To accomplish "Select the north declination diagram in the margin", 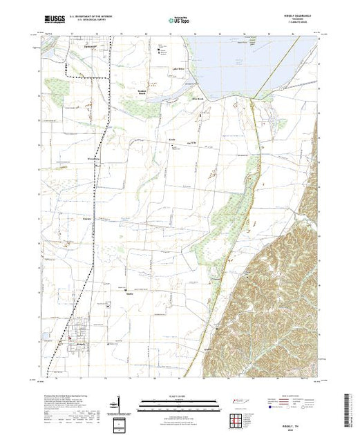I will (119, 405).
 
